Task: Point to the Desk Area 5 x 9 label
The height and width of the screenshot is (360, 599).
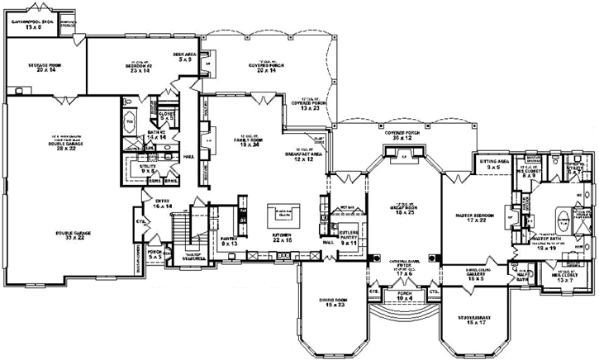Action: [x=183, y=57]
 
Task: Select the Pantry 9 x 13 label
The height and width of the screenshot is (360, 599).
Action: [x=229, y=242]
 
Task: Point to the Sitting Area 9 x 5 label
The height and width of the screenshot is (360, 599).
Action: [x=492, y=166]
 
